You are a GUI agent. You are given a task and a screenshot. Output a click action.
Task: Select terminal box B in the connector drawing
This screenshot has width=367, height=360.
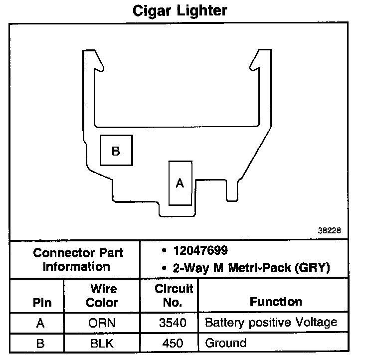(117, 150)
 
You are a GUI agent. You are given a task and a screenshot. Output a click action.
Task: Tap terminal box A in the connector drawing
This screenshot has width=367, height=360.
(180, 183)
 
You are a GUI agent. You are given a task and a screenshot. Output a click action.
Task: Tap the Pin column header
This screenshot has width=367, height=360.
(41, 302)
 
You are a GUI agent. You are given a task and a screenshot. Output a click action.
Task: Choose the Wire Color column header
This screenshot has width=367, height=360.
(102, 296)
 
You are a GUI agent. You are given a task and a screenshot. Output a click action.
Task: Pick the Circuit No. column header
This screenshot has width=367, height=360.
(174, 296)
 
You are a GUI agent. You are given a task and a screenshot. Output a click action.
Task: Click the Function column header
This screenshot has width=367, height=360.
(276, 302)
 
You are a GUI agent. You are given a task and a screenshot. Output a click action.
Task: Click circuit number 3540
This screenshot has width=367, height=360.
(173, 323)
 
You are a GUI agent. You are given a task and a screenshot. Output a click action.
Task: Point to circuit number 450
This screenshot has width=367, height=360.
(173, 343)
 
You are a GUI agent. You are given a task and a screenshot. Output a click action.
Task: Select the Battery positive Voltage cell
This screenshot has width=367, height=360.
(271, 323)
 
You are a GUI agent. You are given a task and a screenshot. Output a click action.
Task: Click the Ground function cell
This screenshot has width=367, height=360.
(225, 343)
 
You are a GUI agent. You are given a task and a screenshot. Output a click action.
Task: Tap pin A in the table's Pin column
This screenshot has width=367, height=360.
(41, 323)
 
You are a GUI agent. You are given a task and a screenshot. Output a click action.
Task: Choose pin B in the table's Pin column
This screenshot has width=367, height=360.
(41, 343)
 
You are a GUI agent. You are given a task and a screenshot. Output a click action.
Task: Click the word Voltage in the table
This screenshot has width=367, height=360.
(317, 322)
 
